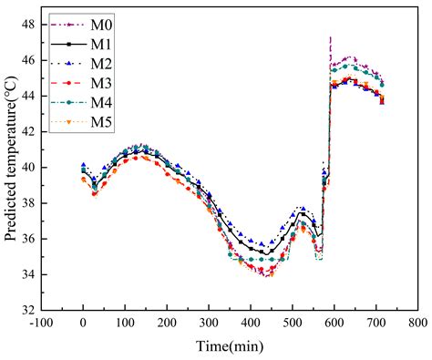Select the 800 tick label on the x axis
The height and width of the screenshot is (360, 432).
click(x=417, y=323)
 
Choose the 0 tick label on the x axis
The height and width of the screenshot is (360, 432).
click(x=84, y=323)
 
